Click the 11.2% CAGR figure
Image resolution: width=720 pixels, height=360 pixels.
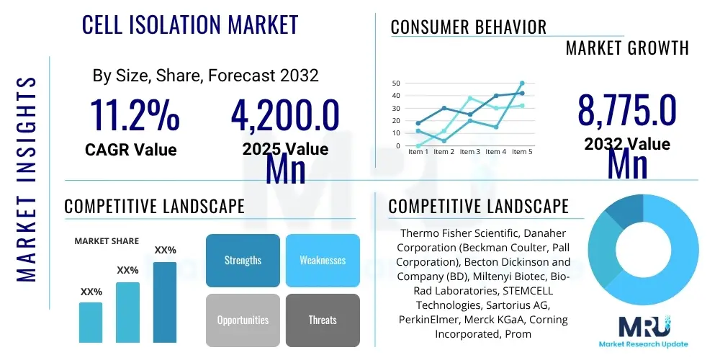click(134, 114)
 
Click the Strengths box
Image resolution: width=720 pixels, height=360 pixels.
click(243, 260)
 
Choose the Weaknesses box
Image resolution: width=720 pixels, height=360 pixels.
click(323, 260)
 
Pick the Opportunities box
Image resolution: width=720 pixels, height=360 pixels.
click(243, 320)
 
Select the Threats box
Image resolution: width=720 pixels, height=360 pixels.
click(323, 320)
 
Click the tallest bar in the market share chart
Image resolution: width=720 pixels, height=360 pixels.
click(165, 302)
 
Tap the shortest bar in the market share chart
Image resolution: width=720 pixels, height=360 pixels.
click(91, 322)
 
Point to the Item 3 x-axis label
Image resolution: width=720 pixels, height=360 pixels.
click(469, 152)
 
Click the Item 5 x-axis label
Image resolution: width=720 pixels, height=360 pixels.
click(522, 152)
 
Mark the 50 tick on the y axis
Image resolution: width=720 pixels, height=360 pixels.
click(395, 84)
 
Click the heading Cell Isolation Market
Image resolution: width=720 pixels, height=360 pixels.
click(190, 25)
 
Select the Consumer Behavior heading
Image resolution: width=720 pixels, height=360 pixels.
click(469, 27)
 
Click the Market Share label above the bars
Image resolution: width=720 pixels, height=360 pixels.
click(107, 241)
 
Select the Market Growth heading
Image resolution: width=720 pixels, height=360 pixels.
click(627, 48)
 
